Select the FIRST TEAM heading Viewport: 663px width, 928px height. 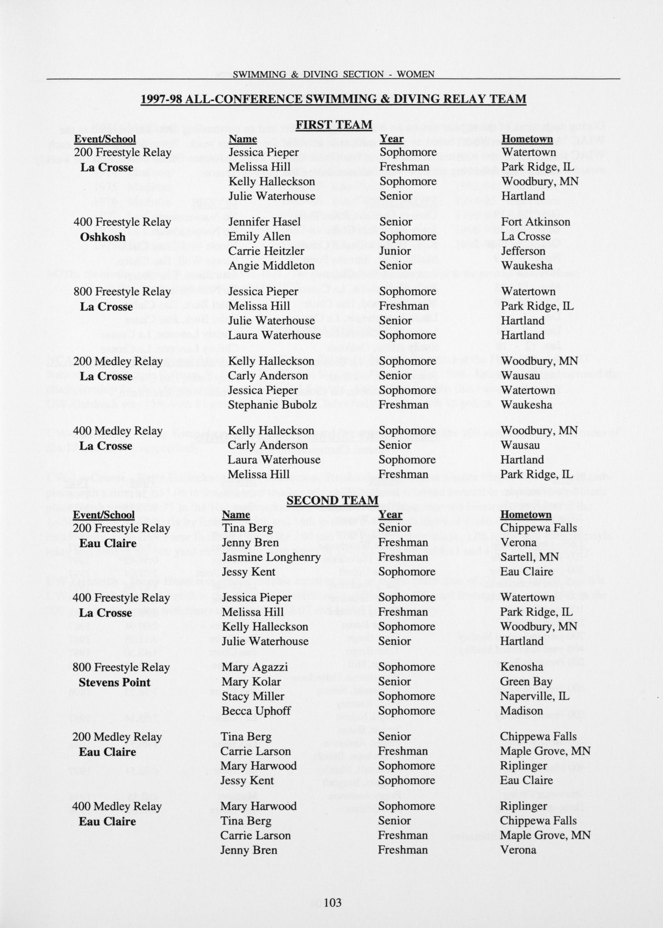334,124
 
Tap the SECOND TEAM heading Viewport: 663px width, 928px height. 332,500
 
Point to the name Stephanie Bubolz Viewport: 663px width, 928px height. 272,405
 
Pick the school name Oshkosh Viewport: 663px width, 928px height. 103,237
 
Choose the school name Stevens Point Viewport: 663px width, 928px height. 114,682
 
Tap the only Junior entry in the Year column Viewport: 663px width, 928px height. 394,251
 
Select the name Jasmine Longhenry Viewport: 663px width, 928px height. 271,557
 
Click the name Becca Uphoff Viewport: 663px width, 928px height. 256,711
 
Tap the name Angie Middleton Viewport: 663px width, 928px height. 271,266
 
